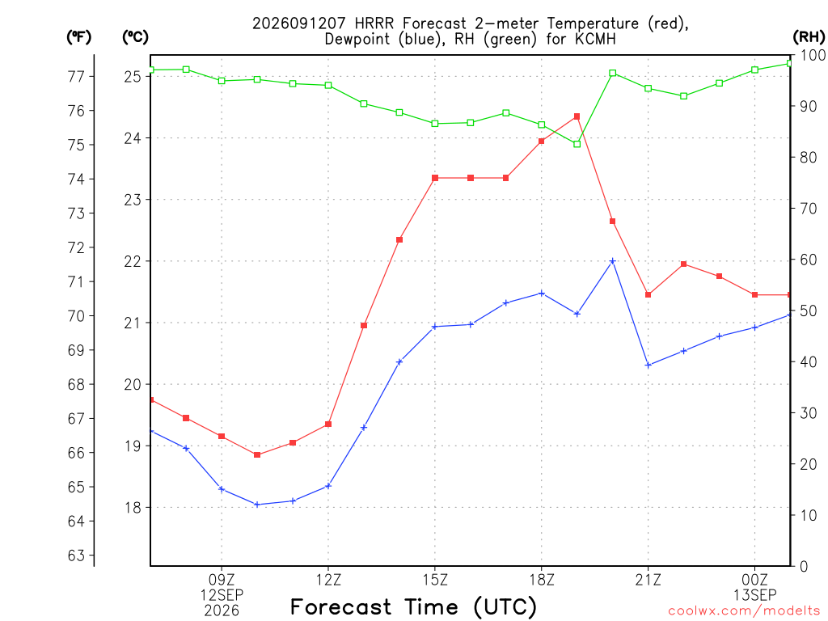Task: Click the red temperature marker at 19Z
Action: point(577,116)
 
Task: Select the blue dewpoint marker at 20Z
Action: point(613,261)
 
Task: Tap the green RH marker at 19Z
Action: point(577,144)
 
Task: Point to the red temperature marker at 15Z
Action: point(435,178)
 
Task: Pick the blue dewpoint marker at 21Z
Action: point(648,365)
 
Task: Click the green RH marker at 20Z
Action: point(613,73)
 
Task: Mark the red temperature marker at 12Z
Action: point(328,424)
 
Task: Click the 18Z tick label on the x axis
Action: point(542,580)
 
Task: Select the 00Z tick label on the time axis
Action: point(754,580)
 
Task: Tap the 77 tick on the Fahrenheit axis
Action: point(77,77)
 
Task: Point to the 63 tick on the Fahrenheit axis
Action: point(77,556)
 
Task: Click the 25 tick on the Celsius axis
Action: point(133,77)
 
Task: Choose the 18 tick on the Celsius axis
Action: point(133,508)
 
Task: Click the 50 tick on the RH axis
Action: point(809,311)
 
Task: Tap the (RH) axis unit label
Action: point(809,36)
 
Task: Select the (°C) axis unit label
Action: point(135,36)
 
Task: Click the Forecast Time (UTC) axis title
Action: point(413,606)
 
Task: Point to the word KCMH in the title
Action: point(595,39)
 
